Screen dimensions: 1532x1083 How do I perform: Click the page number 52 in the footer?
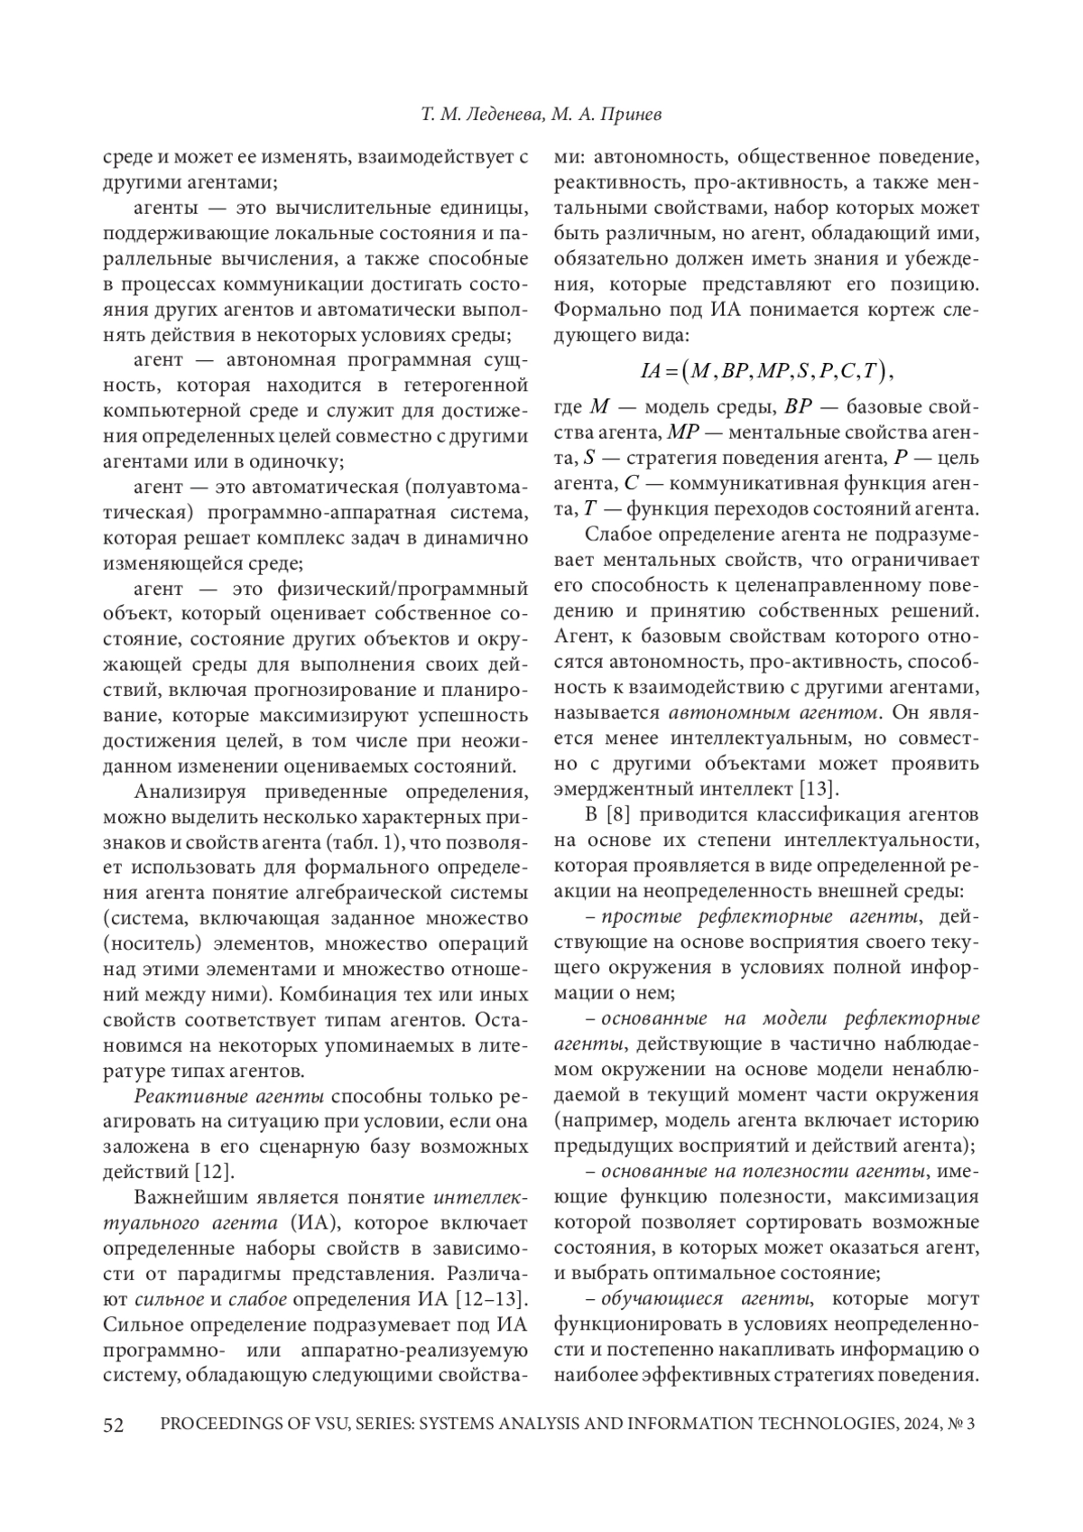[x=114, y=1425]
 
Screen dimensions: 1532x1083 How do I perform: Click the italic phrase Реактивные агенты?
[x=228, y=1097]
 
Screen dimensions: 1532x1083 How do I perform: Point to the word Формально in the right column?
[x=598, y=311]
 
